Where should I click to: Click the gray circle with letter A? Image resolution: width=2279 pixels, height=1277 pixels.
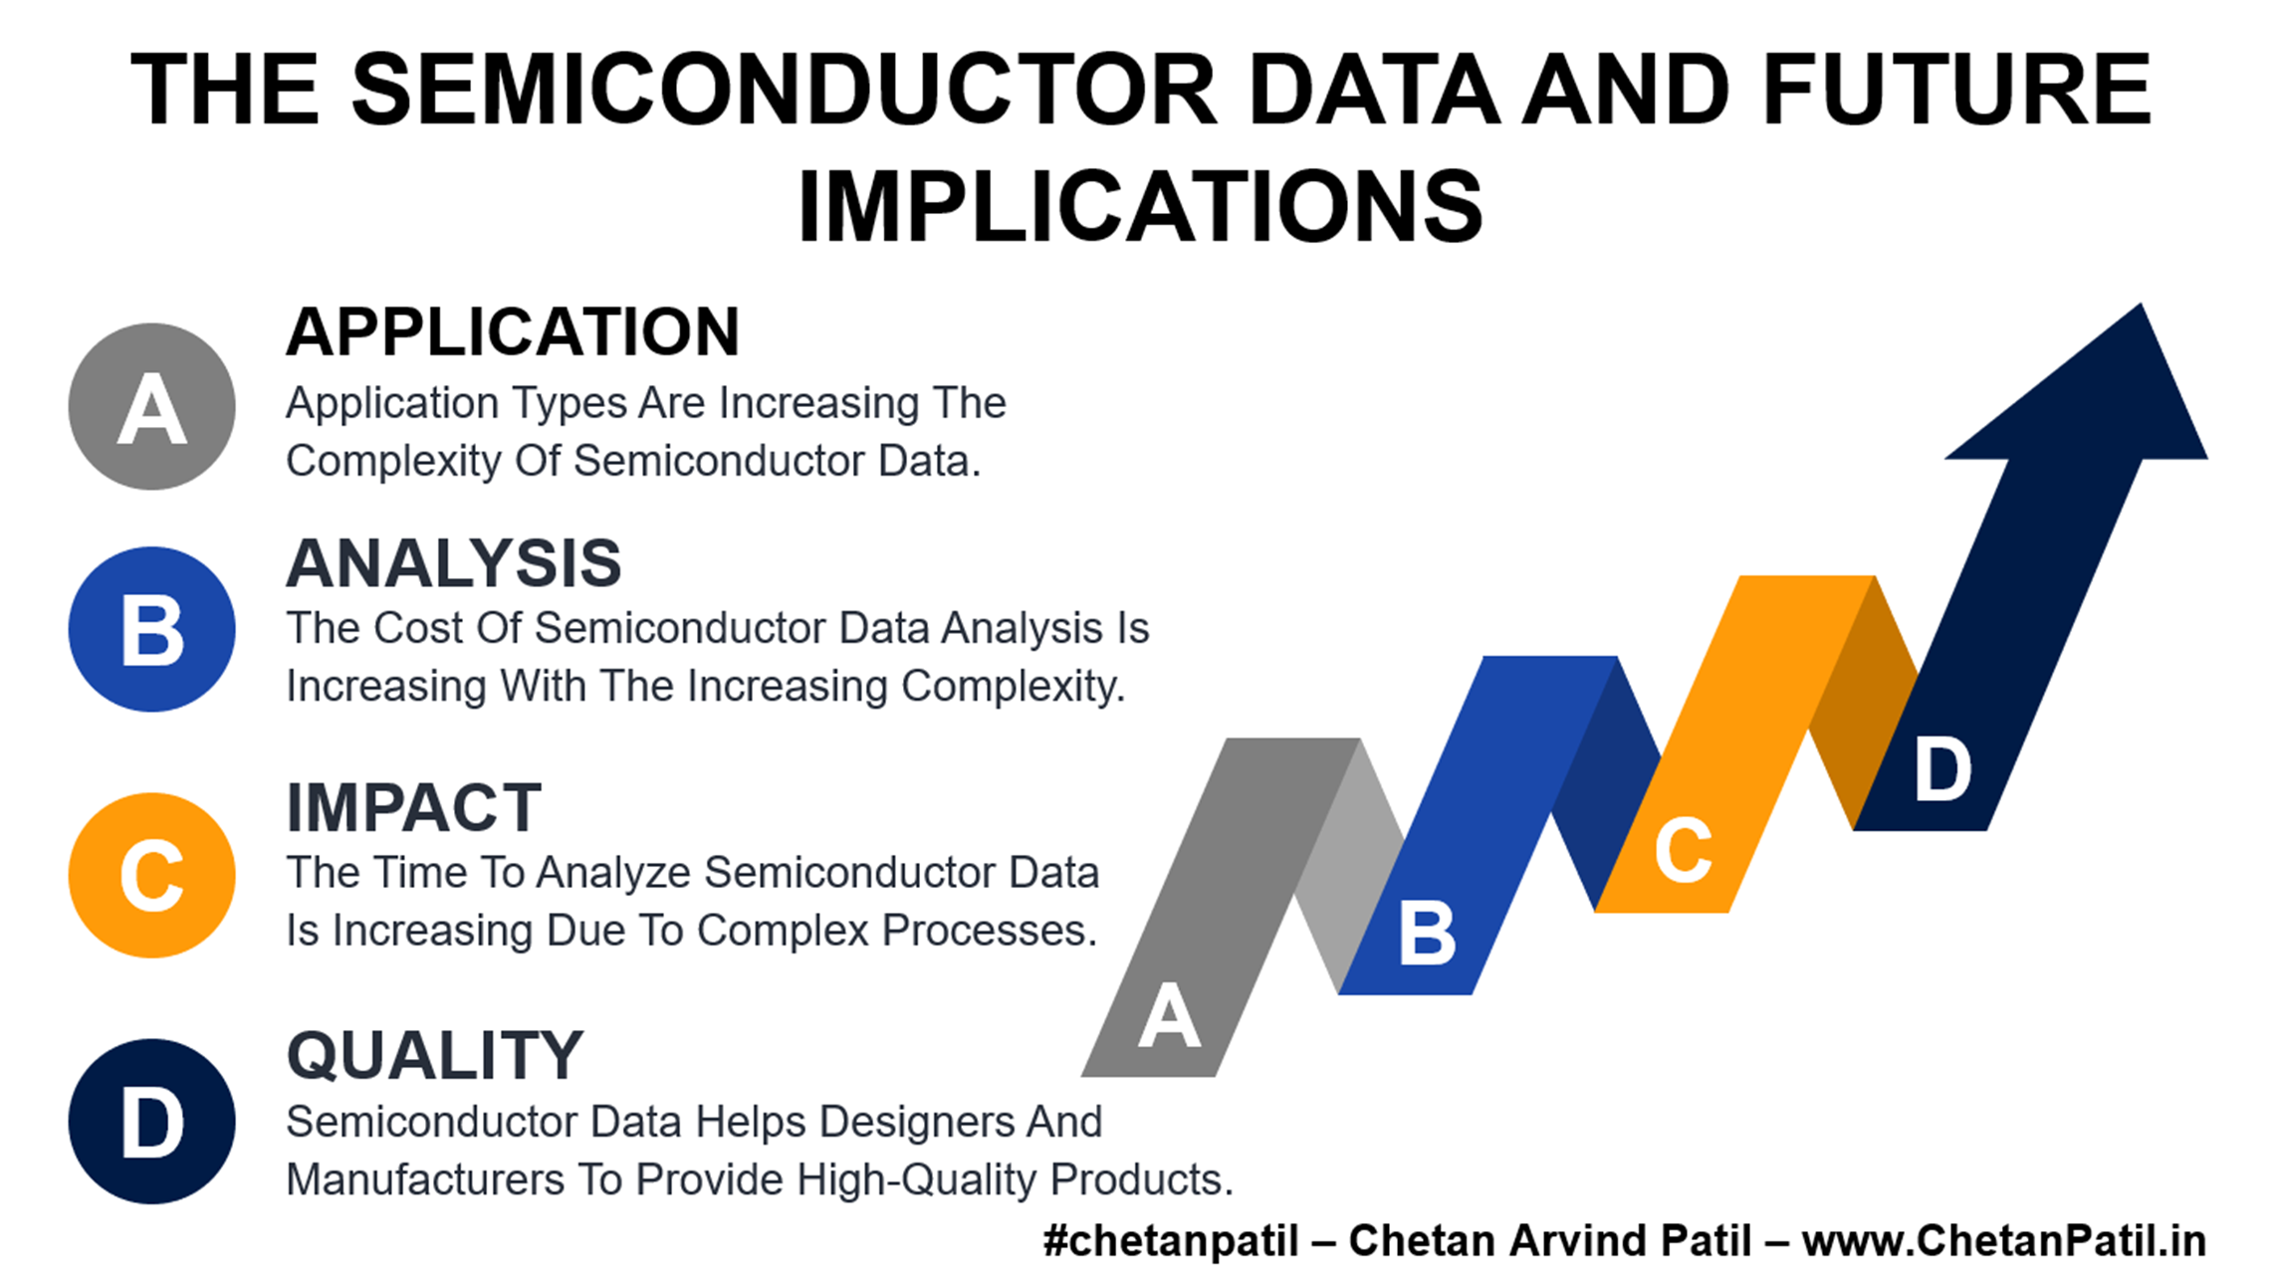pyautogui.click(x=151, y=406)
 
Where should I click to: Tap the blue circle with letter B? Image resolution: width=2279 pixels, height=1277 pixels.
pyautogui.click(x=151, y=629)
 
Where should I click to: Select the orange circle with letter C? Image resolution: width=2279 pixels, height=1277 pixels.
pyautogui.click(x=151, y=875)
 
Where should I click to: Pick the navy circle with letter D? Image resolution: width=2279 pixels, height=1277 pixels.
pyautogui.click(x=151, y=1122)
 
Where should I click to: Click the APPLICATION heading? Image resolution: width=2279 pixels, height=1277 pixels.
pyautogui.click(x=513, y=331)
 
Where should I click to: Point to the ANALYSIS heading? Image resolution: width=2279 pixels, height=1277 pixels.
pyautogui.click(x=454, y=563)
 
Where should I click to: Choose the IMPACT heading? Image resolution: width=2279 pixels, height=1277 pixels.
pyautogui.click(x=414, y=807)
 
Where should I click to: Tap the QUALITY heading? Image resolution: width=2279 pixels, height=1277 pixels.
pyautogui.click(x=435, y=1055)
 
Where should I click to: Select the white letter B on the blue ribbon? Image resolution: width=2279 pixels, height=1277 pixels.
pyautogui.click(x=1427, y=933)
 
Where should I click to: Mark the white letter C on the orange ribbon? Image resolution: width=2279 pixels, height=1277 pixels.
pyautogui.click(x=1683, y=850)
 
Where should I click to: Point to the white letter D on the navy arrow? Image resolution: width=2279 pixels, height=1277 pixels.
pyautogui.click(x=1942, y=769)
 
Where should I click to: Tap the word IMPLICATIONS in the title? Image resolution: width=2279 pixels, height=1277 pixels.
pyautogui.click(x=1140, y=207)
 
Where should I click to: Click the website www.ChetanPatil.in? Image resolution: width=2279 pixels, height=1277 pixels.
pyautogui.click(x=2004, y=1241)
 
